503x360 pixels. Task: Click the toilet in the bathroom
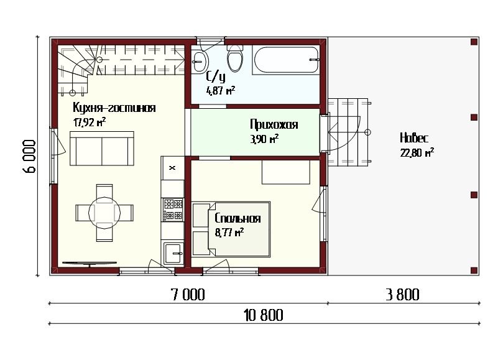tap(235, 58)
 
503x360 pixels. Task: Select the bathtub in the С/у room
tap(286, 60)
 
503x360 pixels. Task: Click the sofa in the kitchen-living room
tap(102, 148)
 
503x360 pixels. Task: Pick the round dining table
tap(104, 213)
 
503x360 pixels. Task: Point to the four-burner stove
tap(173, 210)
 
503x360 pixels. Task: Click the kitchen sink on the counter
tap(173, 254)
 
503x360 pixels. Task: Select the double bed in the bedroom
tap(231, 229)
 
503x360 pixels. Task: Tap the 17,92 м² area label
tap(90, 122)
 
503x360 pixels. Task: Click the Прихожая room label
tap(274, 124)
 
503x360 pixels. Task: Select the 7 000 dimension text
tap(188, 295)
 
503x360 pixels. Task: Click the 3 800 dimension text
tap(403, 295)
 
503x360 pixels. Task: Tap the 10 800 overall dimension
tap(264, 315)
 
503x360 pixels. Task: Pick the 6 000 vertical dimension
tap(29, 156)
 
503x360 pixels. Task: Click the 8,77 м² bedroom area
tap(229, 232)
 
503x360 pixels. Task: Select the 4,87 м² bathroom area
tap(221, 91)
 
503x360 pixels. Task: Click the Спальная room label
tap(238, 218)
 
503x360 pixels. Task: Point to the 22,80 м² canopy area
tap(417, 152)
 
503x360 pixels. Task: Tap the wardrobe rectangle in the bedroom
tap(286, 172)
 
